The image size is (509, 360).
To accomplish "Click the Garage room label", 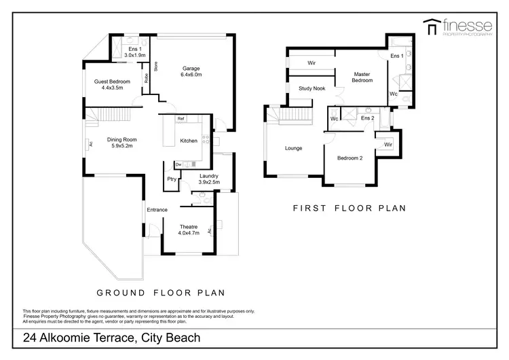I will [x=189, y=71].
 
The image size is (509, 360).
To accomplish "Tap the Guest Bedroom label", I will [x=111, y=84].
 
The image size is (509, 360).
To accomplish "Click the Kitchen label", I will [x=189, y=141].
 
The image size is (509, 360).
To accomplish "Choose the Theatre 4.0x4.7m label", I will [x=188, y=230].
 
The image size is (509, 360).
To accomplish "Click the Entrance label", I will [x=157, y=209].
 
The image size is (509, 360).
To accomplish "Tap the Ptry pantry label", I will [x=172, y=179].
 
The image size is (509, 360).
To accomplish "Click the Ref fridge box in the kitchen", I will [x=181, y=120].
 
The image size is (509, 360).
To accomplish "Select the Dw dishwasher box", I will [x=178, y=164].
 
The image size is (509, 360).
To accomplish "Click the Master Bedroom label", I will [x=362, y=77].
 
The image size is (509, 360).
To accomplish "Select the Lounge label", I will [x=293, y=148].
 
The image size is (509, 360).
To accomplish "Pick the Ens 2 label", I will [x=367, y=118].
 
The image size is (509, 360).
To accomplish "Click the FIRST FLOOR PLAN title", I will [x=349, y=209].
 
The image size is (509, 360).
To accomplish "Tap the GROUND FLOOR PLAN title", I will [x=160, y=293].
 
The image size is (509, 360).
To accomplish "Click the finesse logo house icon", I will [x=430, y=27].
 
